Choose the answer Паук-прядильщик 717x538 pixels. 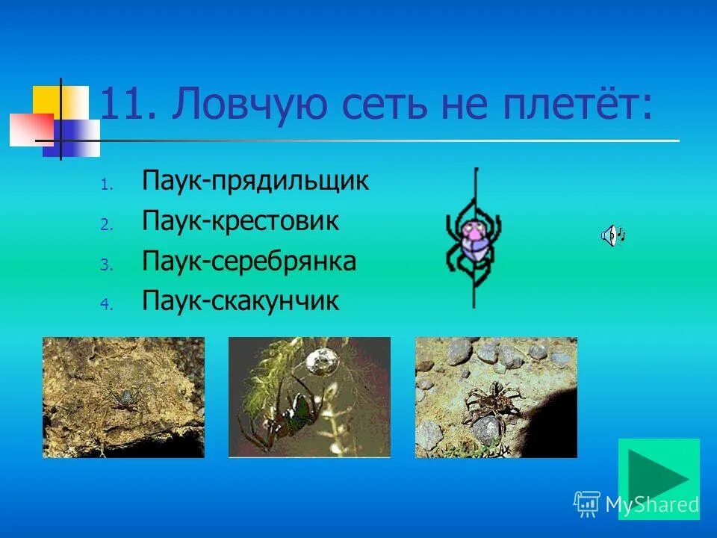coord(255,182)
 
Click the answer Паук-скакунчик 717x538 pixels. coord(240,301)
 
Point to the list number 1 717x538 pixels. coord(105,184)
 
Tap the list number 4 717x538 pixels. coord(105,304)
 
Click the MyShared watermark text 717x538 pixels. coord(651,504)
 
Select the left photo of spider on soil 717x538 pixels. coord(123,397)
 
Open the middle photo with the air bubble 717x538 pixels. coord(309,397)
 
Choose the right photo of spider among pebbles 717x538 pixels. coord(496,397)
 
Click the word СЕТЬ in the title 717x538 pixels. coord(373,106)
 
